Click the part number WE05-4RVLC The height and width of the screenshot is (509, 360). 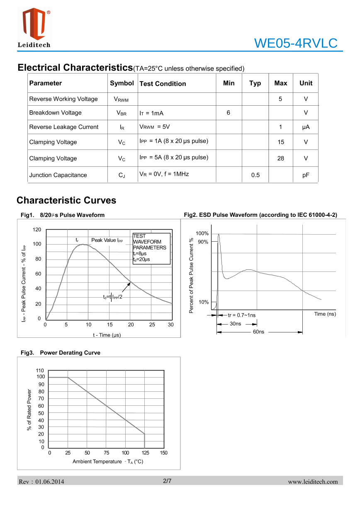tap(296, 43)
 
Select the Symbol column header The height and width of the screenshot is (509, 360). tap(122, 83)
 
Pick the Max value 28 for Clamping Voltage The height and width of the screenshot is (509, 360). tap(281, 158)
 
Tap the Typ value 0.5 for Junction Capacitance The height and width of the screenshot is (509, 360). tap(255, 175)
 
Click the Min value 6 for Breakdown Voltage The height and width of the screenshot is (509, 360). tap(229, 113)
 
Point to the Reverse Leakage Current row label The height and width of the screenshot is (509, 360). tap(64, 127)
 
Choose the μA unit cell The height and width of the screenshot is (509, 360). tap(306, 127)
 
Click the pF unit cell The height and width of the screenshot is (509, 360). tap(306, 175)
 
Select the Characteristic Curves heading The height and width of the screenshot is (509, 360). tap(66, 201)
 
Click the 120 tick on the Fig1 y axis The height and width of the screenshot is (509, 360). tap(37, 230)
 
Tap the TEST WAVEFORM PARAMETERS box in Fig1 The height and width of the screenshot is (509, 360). tap(151, 248)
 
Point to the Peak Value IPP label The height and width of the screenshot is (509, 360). tap(107, 240)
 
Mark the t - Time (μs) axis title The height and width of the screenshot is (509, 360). tap(107, 335)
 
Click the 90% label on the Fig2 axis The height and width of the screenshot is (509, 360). tap(203, 242)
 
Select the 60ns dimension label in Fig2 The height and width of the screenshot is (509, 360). tap(258, 332)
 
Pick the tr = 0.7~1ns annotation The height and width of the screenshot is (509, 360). tap(242, 315)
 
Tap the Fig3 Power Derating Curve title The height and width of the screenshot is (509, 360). tap(61, 353)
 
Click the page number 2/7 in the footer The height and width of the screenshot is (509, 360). tap(167, 481)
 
